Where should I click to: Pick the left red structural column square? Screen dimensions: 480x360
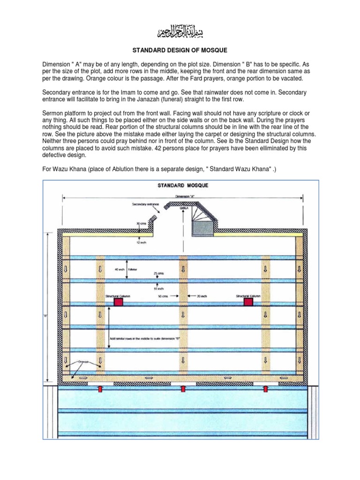[x=118, y=303]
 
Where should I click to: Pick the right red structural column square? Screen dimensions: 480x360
[x=248, y=303]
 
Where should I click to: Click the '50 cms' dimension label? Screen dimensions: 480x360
[x=164, y=296]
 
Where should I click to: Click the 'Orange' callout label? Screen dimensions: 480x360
[x=83, y=361]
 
